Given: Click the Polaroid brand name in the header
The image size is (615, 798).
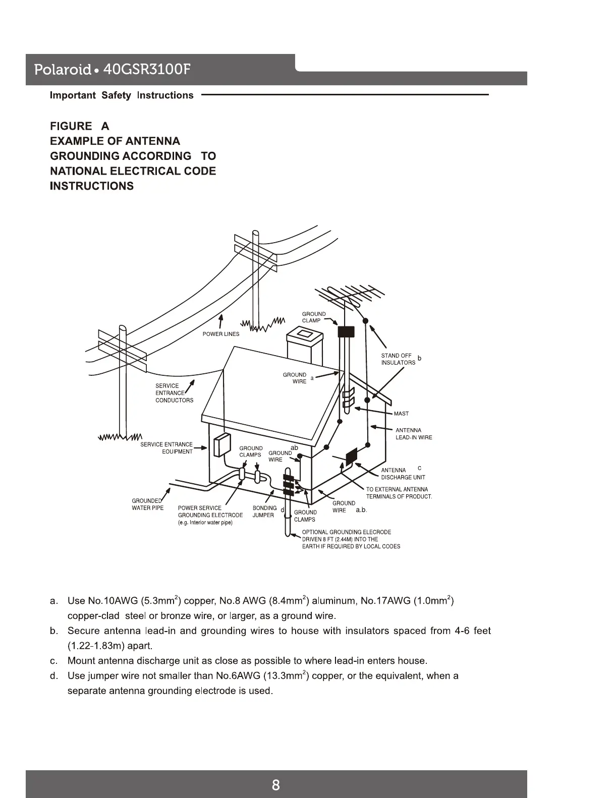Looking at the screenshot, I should tap(62, 70).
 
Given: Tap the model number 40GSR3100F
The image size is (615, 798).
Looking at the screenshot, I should tap(146, 69).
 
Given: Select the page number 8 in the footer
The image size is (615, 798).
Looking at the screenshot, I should tap(275, 785).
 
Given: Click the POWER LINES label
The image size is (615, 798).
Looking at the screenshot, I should tap(221, 334).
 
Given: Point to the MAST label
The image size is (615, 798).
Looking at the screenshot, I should tap(401, 414).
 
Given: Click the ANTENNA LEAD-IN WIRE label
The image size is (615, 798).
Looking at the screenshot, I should tap(413, 434).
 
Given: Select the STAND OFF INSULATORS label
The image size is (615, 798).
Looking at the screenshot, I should tap(398, 359).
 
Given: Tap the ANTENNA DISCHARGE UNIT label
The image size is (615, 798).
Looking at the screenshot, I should tap(403, 474).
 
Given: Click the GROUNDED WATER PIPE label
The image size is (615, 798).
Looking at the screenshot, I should tap(147, 504).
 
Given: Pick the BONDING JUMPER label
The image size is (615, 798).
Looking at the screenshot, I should tap(264, 511).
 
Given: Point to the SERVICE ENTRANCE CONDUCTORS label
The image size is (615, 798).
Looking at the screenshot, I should tap(174, 393).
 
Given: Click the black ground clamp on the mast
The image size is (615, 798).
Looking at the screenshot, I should tap(346, 331).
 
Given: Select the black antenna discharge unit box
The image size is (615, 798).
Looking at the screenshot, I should tap(351, 455).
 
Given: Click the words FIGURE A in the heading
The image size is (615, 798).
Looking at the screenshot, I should tap(79, 126).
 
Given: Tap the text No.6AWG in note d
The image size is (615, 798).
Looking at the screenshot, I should tap(237, 676).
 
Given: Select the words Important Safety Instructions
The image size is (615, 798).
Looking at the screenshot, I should tap(122, 95).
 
